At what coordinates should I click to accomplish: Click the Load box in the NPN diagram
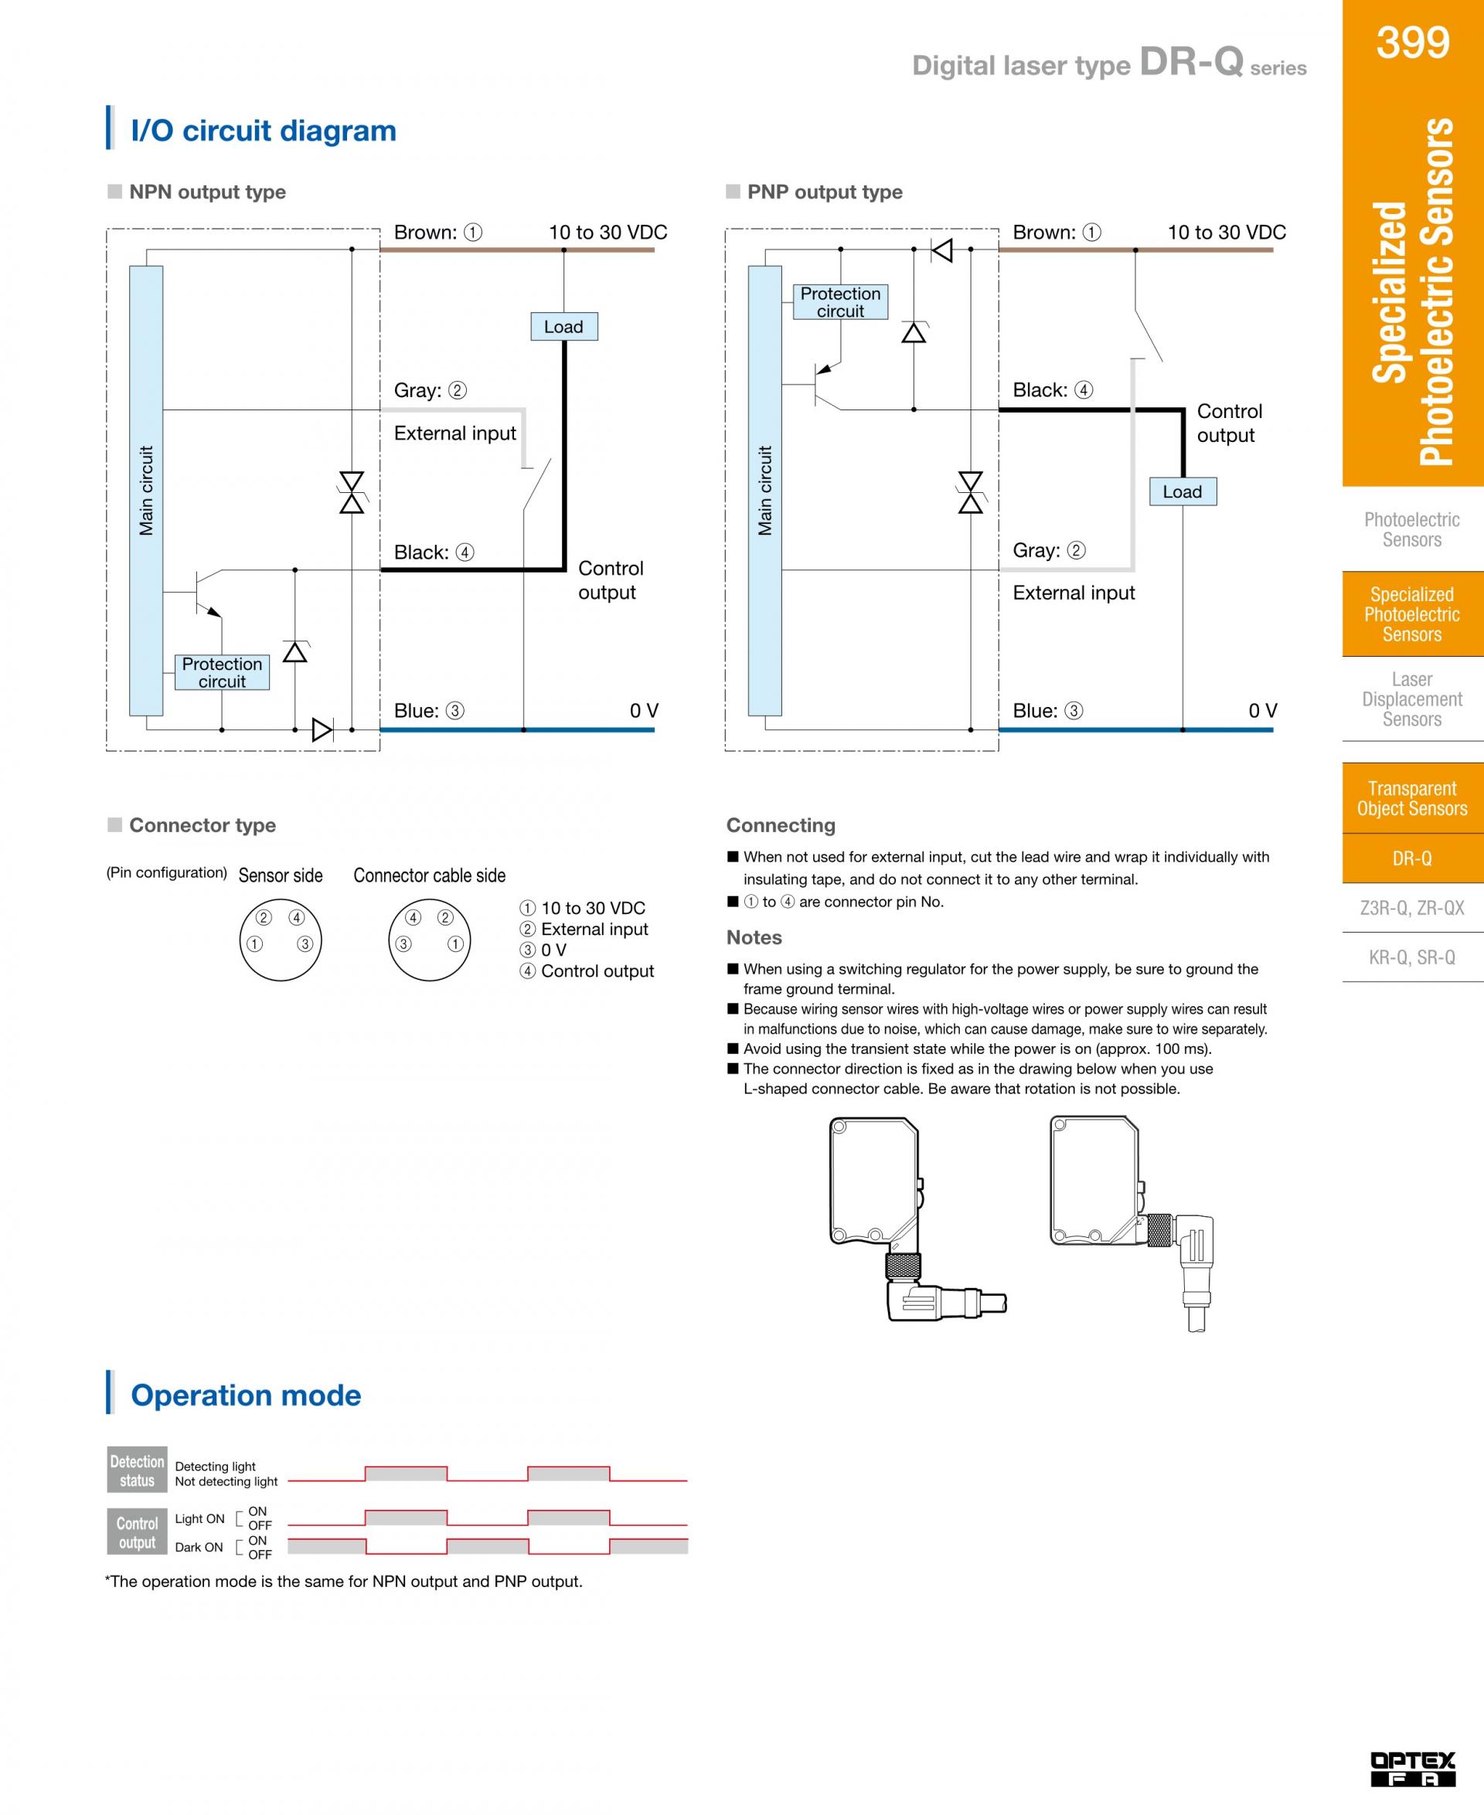(x=563, y=326)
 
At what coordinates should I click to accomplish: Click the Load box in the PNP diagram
(x=1183, y=491)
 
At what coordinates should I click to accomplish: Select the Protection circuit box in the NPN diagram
(x=223, y=672)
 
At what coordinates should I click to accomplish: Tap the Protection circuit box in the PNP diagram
(x=840, y=301)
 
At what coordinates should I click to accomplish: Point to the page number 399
(x=1412, y=42)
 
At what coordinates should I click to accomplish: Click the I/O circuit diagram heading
(x=264, y=131)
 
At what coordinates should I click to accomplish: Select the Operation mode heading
(x=247, y=1395)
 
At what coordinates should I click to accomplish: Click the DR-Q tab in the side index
(x=1412, y=858)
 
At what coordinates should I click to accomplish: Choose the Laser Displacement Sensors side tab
(x=1412, y=699)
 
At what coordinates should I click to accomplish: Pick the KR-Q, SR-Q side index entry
(x=1412, y=957)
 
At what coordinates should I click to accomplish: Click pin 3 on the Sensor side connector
(x=305, y=944)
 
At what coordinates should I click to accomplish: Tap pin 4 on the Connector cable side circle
(x=413, y=918)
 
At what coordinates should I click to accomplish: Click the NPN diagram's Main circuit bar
(x=146, y=491)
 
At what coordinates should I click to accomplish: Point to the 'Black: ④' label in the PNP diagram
(x=1052, y=390)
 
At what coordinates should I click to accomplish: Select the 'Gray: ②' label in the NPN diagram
(x=430, y=390)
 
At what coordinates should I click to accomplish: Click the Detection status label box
(x=137, y=1470)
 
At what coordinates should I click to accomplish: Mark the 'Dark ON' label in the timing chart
(x=199, y=1548)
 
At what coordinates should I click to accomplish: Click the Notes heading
(x=754, y=937)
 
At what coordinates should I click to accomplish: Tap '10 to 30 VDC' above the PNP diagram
(x=1227, y=233)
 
